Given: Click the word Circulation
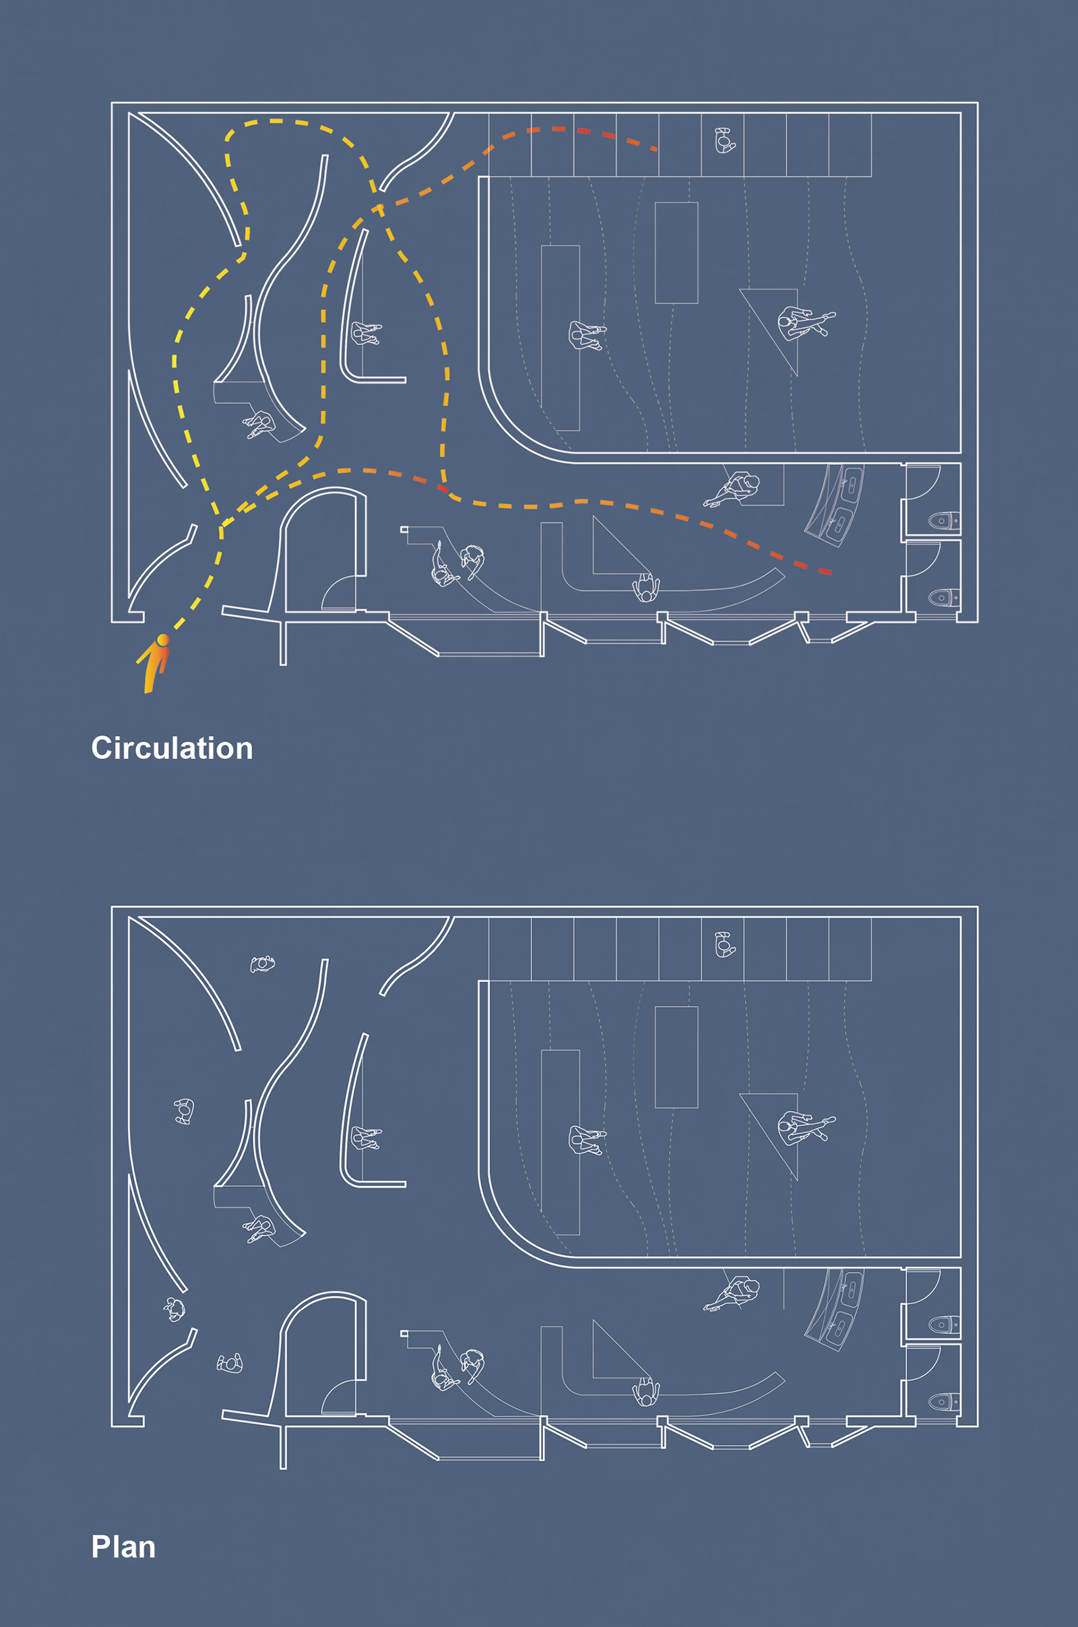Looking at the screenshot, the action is point(172,748).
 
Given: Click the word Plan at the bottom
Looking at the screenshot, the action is point(123,1547).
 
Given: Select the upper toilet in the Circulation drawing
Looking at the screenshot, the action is point(943,520).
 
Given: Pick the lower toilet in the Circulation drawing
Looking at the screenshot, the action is point(943,598).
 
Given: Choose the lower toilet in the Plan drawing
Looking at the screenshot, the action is point(943,1401).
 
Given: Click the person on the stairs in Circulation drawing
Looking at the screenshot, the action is point(724,141).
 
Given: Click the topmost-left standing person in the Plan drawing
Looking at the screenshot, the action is point(262,964).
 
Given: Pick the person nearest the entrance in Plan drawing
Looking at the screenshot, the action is point(230,1363).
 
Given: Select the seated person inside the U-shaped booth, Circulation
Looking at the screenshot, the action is point(364,334).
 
